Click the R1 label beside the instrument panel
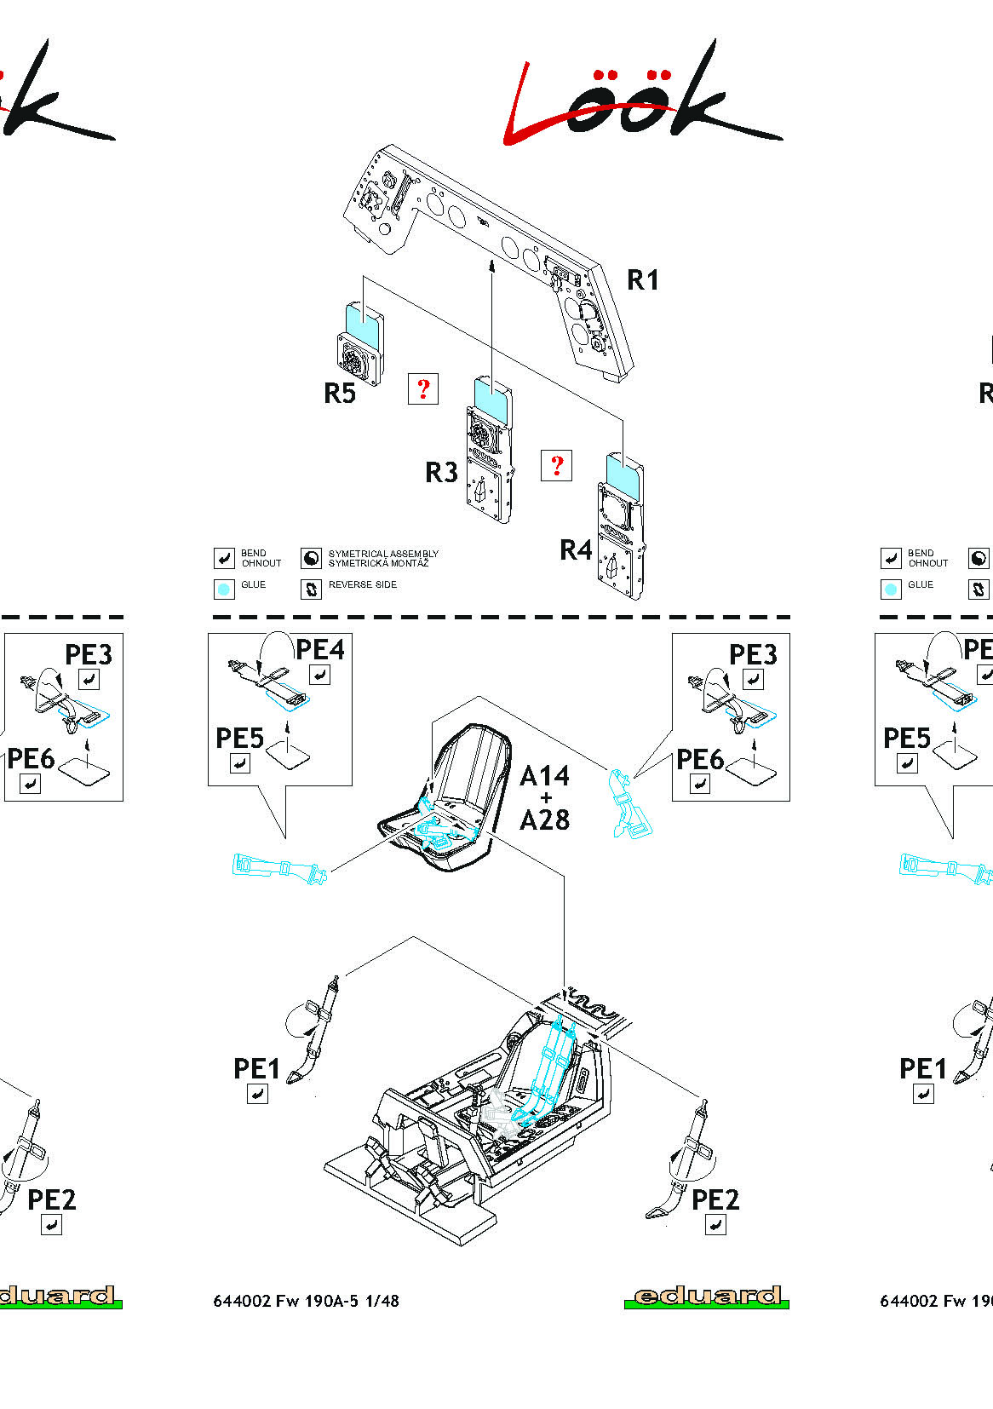tap(642, 279)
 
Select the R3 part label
tap(441, 472)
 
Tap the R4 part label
tap(576, 550)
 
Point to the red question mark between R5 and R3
tap(423, 388)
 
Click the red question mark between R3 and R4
tap(557, 465)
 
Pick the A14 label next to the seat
tap(544, 776)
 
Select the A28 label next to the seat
tap(544, 820)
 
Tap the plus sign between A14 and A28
tap(545, 798)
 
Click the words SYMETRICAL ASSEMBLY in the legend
tap(383, 554)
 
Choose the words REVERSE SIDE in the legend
tap(362, 584)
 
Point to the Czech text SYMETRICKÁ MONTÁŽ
tap(378, 563)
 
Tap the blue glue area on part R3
tap(491, 394)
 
